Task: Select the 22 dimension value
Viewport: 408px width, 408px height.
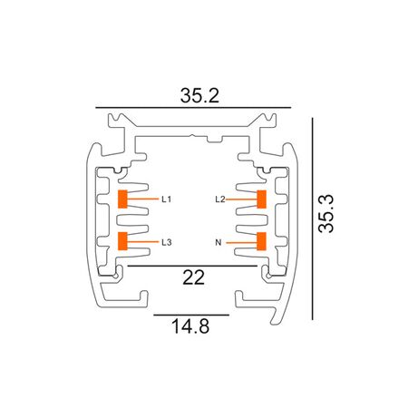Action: [192, 278]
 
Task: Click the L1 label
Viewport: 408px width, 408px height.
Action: [167, 198]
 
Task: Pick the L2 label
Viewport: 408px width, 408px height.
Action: [219, 198]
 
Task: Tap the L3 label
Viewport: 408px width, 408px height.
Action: [167, 242]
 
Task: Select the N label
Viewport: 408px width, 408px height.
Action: [219, 242]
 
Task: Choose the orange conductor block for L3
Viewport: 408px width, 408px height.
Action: [122, 241]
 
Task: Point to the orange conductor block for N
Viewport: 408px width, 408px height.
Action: [261, 241]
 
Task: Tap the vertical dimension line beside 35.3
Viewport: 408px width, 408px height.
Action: [313, 218]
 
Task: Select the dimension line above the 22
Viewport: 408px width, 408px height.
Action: [192, 267]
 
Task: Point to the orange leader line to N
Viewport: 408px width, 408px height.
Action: [241, 242]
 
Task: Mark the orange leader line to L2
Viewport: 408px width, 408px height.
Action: [241, 198]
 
